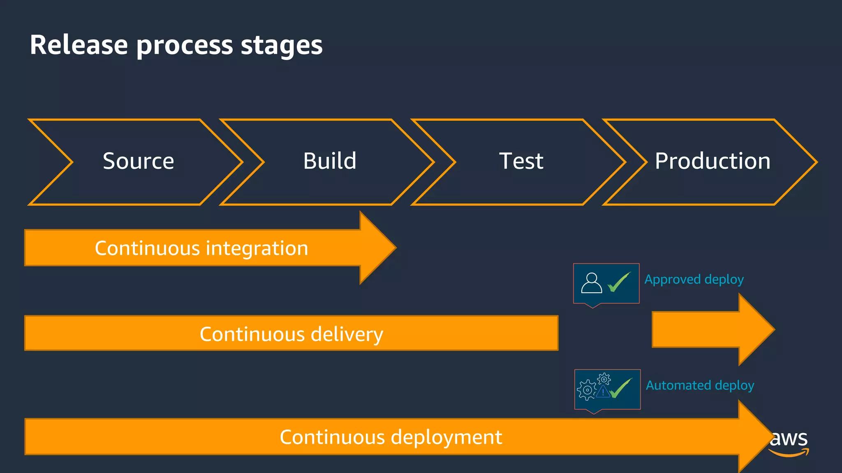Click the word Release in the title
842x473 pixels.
[79, 45]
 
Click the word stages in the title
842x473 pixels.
[282, 46]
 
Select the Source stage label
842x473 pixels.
[138, 161]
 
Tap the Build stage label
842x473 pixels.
[330, 161]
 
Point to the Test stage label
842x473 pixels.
[521, 161]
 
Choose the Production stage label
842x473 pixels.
[712, 161]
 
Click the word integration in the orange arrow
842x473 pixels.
[257, 248]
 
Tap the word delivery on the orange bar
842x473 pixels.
[347, 334]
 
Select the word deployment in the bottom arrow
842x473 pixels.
[446, 437]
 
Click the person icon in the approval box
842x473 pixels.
[591, 283]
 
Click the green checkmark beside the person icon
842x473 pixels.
[619, 282]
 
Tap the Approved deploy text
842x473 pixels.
[694, 280]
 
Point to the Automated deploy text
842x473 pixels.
[700, 386]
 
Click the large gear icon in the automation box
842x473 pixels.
[587, 390]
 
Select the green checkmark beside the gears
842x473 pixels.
[621, 388]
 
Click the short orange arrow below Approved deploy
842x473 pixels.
[711, 329]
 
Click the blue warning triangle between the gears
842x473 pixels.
[603, 392]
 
